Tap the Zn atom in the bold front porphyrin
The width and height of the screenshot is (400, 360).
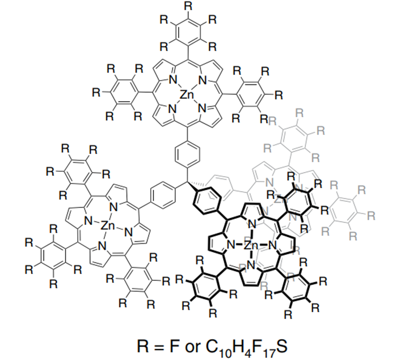coord(251,246)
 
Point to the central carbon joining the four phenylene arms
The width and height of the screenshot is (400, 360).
coord(187,183)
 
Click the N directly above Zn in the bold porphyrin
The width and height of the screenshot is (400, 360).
coord(251,226)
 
